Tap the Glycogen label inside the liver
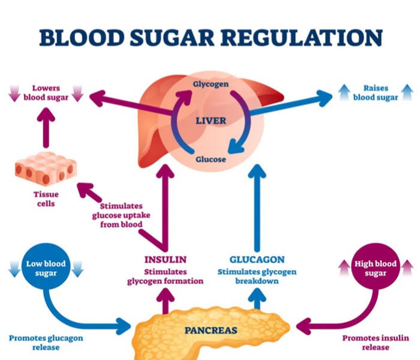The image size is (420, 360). click(210, 84)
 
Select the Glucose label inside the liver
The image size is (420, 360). click(210, 160)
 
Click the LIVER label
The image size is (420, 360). click(210, 121)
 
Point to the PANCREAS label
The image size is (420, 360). click(210, 330)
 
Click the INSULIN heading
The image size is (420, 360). click(166, 259)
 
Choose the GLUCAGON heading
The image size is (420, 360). click(256, 259)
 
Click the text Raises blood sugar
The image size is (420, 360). click(376, 91)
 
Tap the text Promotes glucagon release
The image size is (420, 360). click(46, 343)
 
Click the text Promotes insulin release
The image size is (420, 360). click(375, 343)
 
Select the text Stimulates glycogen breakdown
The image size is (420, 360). click(256, 275)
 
